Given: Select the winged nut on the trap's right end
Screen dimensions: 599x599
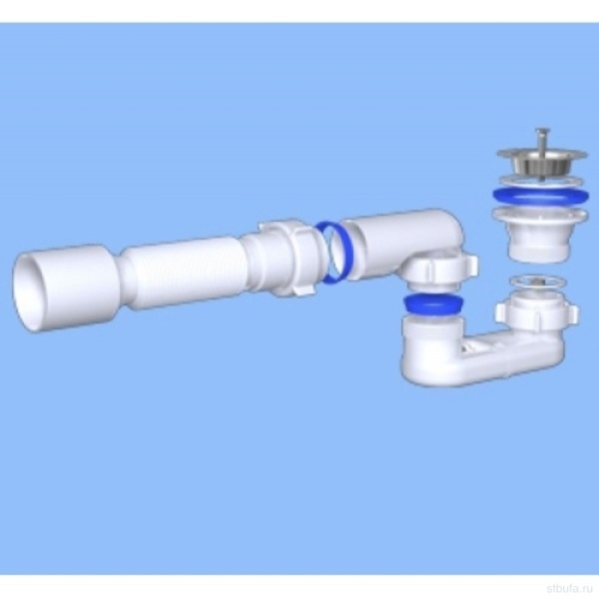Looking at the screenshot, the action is (536, 313).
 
